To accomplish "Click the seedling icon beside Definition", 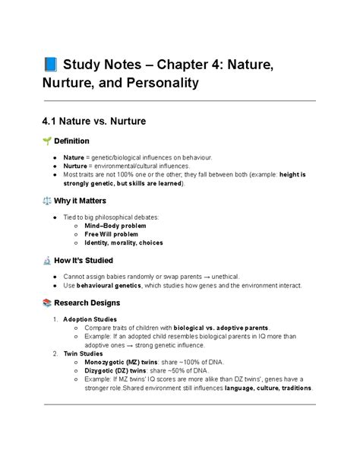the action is tap(48, 141).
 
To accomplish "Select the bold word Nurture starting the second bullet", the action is tap(74, 166).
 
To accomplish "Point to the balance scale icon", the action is tap(48, 201).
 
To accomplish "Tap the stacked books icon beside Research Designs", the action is tap(48, 303).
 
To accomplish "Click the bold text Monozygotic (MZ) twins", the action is tap(119, 363).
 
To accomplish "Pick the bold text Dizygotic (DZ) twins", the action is tap(114, 371).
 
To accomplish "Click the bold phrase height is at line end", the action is tap(292, 174).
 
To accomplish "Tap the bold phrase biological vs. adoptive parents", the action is tap(219, 328).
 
